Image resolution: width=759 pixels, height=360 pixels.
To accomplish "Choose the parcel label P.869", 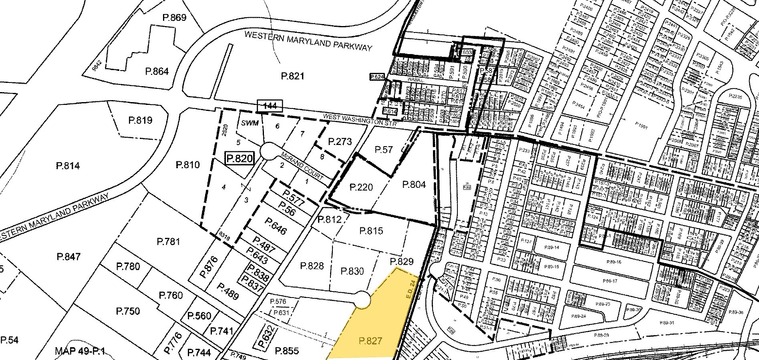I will coord(174,18).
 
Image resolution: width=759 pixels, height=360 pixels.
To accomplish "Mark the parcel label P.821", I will coord(293,76).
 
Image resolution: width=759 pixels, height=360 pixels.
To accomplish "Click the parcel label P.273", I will coord(340,141).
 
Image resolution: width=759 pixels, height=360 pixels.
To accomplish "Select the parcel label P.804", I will coord(414,185).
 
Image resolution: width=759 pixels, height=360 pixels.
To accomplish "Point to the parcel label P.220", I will coord(361,187).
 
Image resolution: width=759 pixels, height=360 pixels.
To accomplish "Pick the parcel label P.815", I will coord(371,231).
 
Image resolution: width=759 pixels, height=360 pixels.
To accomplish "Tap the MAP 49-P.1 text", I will coord(80,352).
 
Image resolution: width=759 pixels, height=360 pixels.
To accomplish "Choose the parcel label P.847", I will coord(68,257).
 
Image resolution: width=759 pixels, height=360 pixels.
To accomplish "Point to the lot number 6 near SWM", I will coord(277,125).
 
